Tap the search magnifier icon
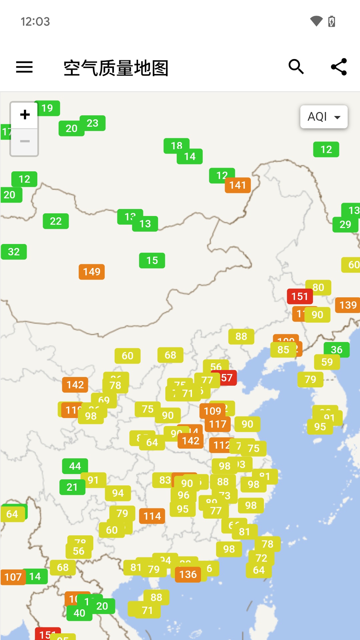point(296,67)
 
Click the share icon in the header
point(339,67)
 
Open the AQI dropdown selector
point(324,117)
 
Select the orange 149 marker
point(92,272)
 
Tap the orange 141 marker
point(238,185)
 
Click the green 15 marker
point(152,260)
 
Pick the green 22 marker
point(56,221)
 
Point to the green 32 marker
point(14,252)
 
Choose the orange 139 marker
point(348,305)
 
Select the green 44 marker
point(75,466)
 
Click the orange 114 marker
point(152,516)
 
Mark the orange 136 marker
point(188,574)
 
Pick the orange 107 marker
point(13,577)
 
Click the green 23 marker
point(93,123)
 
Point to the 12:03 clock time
point(35,22)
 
